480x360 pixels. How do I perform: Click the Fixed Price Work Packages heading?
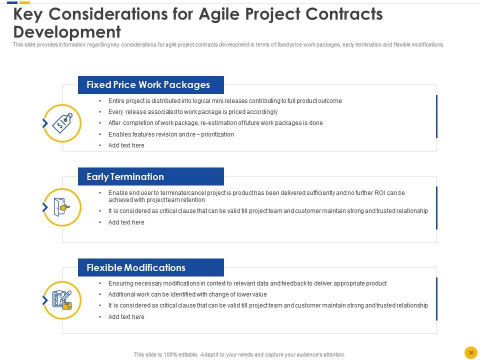tap(148, 85)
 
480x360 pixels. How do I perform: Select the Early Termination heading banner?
tap(151, 176)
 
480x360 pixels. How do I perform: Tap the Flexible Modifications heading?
tap(136, 268)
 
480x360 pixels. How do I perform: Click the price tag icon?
tap(62, 123)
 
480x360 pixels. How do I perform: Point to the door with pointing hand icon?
tap(61, 207)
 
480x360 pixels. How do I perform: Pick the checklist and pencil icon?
tap(62, 300)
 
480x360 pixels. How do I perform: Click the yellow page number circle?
tap(471, 352)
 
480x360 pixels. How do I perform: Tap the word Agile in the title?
tap(219, 14)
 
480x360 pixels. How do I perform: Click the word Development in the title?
tap(67, 32)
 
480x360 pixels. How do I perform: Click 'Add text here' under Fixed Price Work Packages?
tap(126, 145)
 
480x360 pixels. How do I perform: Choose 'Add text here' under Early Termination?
tap(126, 222)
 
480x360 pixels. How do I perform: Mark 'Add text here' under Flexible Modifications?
tap(126, 317)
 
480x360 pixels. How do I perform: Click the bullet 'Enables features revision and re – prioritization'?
tap(171, 134)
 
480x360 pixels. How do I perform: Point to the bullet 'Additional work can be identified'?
tap(187, 294)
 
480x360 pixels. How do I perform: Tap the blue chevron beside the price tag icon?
tap(45, 123)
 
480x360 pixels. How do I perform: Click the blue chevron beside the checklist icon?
tap(45, 300)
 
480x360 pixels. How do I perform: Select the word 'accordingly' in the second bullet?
tap(262, 112)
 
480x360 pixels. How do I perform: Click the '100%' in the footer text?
tap(170, 354)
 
